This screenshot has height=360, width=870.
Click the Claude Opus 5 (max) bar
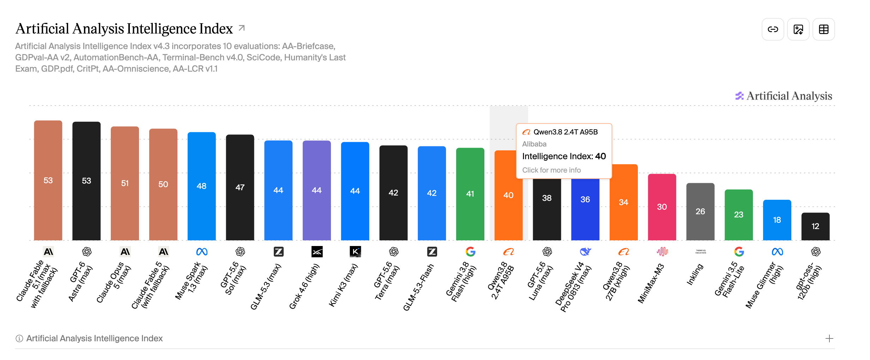125,183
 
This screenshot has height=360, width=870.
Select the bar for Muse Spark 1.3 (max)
201,186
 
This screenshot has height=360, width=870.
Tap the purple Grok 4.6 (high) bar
317,190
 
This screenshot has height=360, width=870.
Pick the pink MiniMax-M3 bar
662,207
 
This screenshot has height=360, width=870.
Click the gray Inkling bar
700,211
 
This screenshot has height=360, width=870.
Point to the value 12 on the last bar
815,226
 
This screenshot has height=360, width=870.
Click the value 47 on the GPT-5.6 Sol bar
240,187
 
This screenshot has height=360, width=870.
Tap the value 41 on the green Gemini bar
470,194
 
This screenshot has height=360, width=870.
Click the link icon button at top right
773,29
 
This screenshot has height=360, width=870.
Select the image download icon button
798,29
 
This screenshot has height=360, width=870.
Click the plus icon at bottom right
829,338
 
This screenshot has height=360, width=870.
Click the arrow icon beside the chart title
242,28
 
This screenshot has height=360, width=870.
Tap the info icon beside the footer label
19,338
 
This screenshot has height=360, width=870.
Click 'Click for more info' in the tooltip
551,170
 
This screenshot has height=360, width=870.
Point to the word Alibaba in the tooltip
534,144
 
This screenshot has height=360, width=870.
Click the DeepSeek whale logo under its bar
585,252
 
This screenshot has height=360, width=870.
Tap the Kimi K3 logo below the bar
355,252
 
